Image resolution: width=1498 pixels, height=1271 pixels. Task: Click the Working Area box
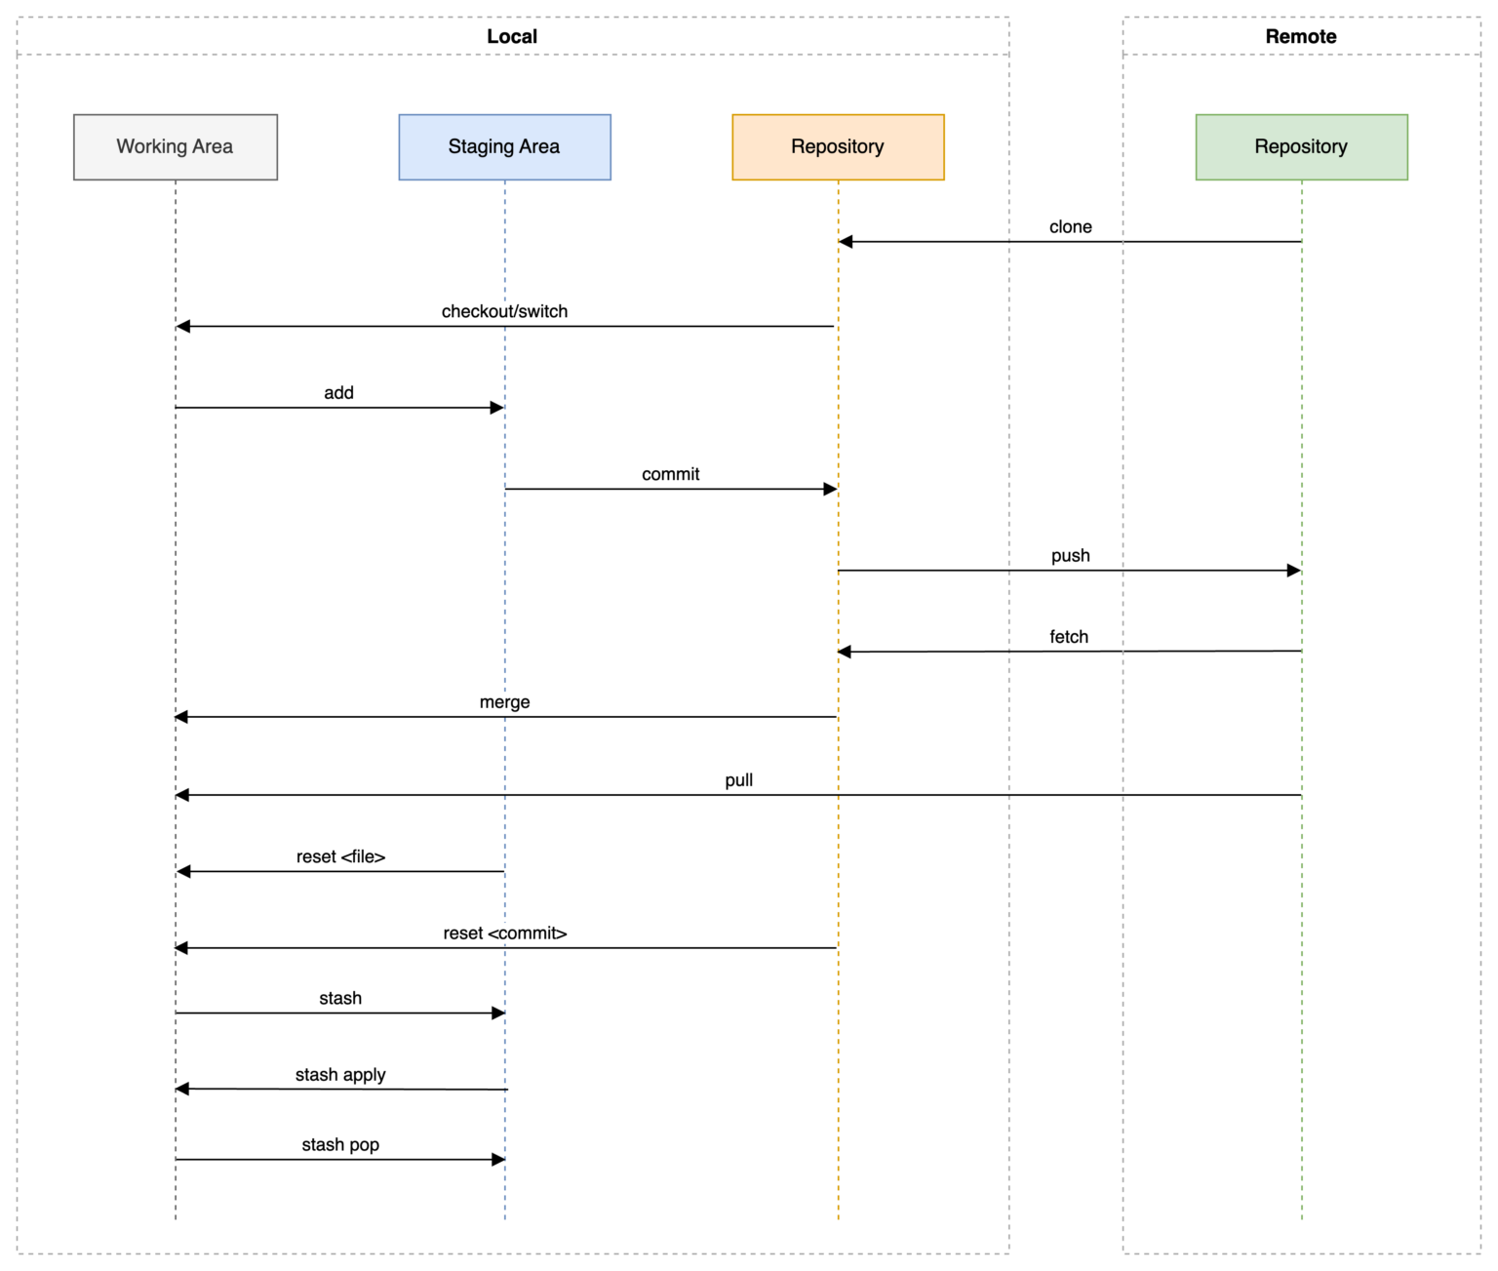coord(176,147)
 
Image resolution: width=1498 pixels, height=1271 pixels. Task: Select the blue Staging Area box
coord(504,147)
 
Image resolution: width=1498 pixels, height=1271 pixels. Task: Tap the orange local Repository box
coord(838,147)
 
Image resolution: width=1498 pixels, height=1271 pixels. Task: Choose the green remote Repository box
coord(1302,147)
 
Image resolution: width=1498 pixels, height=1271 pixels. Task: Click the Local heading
coord(512,36)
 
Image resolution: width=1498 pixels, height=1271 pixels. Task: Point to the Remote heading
coord(1301,36)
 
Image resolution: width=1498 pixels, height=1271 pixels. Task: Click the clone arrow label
coord(1071,227)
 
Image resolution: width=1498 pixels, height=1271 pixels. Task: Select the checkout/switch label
coord(504,312)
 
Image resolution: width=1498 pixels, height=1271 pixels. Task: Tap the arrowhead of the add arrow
coord(497,408)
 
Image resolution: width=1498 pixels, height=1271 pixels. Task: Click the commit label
coord(670,474)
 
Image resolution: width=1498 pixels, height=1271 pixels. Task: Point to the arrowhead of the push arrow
coord(1293,571)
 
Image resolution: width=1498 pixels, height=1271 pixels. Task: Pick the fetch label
coord(1069,637)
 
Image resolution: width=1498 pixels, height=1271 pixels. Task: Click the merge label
coord(504,702)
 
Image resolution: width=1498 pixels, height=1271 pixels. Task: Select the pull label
coord(738,781)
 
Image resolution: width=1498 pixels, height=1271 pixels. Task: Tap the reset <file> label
coord(340,857)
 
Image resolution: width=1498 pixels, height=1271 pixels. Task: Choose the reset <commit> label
coord(505,933)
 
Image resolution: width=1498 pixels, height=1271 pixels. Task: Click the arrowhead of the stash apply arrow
coord(182,1089)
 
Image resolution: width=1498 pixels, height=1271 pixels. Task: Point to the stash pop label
coord(340,1145)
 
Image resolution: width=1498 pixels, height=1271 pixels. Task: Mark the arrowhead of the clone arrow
coord(846,242)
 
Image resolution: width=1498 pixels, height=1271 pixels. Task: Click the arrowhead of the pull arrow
coord(182,795)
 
